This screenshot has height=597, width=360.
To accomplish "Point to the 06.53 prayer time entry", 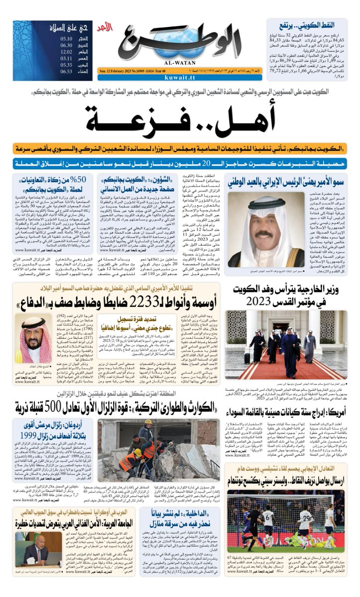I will [67, 71].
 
